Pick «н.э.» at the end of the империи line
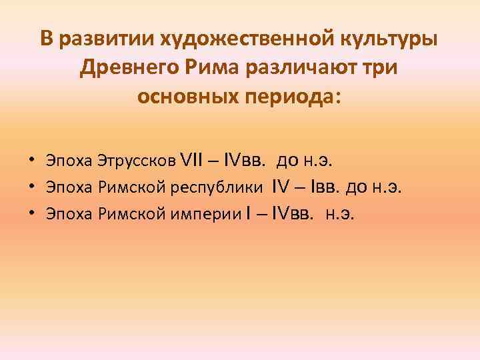(x=340, y=214)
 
